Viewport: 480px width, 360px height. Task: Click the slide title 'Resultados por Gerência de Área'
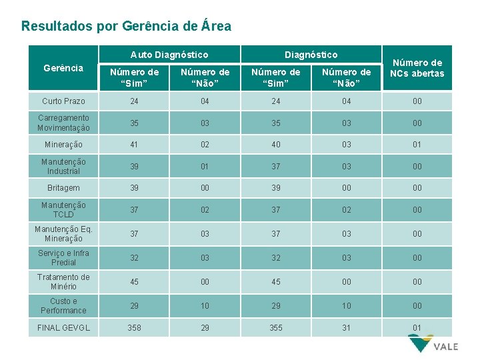pos(127,27)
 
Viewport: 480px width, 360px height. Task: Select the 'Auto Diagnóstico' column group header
pos(169,55)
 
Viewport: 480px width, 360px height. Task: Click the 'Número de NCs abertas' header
pos(417,68)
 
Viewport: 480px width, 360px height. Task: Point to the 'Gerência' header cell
pos(63,68)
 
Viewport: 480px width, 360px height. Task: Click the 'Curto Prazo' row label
pos(63,101)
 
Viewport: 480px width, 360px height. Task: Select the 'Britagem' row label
pos(63,188)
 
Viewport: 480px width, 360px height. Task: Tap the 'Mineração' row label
pos(63,144)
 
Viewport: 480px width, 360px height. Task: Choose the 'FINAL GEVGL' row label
pos(63,328)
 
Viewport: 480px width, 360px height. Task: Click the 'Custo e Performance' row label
pos(63,306)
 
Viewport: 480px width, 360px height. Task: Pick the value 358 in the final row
pos(135,328)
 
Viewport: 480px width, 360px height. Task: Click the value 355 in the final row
pos(275,328)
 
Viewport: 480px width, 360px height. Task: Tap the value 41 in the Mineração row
pos(135,144)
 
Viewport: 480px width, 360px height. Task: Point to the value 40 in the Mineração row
pos(275,144)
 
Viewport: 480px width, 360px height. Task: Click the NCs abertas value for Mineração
pos(417,144)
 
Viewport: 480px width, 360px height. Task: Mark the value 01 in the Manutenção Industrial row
pos(205,166)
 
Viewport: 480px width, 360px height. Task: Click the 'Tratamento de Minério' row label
pos(63,282)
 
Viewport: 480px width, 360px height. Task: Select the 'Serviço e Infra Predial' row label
pos(63,258)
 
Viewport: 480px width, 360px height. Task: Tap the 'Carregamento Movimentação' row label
pos(63,123)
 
